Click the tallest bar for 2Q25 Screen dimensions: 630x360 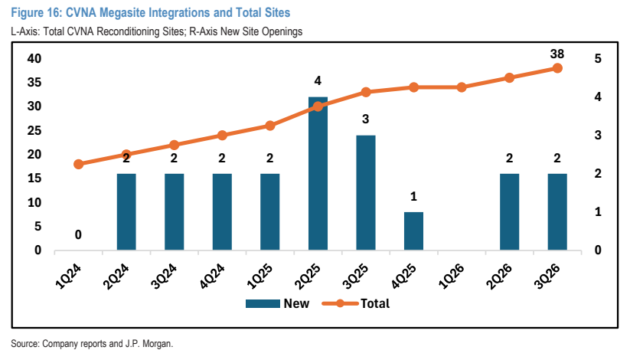pos(318,173)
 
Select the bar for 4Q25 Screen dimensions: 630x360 pos(413,231)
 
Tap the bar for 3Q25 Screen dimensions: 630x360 pos(366,193)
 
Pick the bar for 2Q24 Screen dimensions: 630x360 pos(126,212)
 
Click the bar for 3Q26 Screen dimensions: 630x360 pos(557,212)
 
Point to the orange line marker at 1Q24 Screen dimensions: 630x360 pos(79,164)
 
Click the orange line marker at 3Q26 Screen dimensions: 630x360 pos(557,68)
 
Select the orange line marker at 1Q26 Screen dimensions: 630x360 pos(462,87)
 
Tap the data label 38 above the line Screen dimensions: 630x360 pos(557,54)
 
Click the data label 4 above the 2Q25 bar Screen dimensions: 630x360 pos(318,81)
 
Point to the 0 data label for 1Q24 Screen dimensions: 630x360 pos(78,234)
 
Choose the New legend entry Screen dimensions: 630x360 pos(277,303)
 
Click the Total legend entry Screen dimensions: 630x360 pos(356,303)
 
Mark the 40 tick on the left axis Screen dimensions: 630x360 pos(34,59)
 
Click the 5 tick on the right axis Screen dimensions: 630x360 pos(598,59)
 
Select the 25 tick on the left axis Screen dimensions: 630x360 pos(34,130)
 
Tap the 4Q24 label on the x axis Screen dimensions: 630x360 pos(212,276)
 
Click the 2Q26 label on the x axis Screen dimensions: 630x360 pos(499,276)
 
